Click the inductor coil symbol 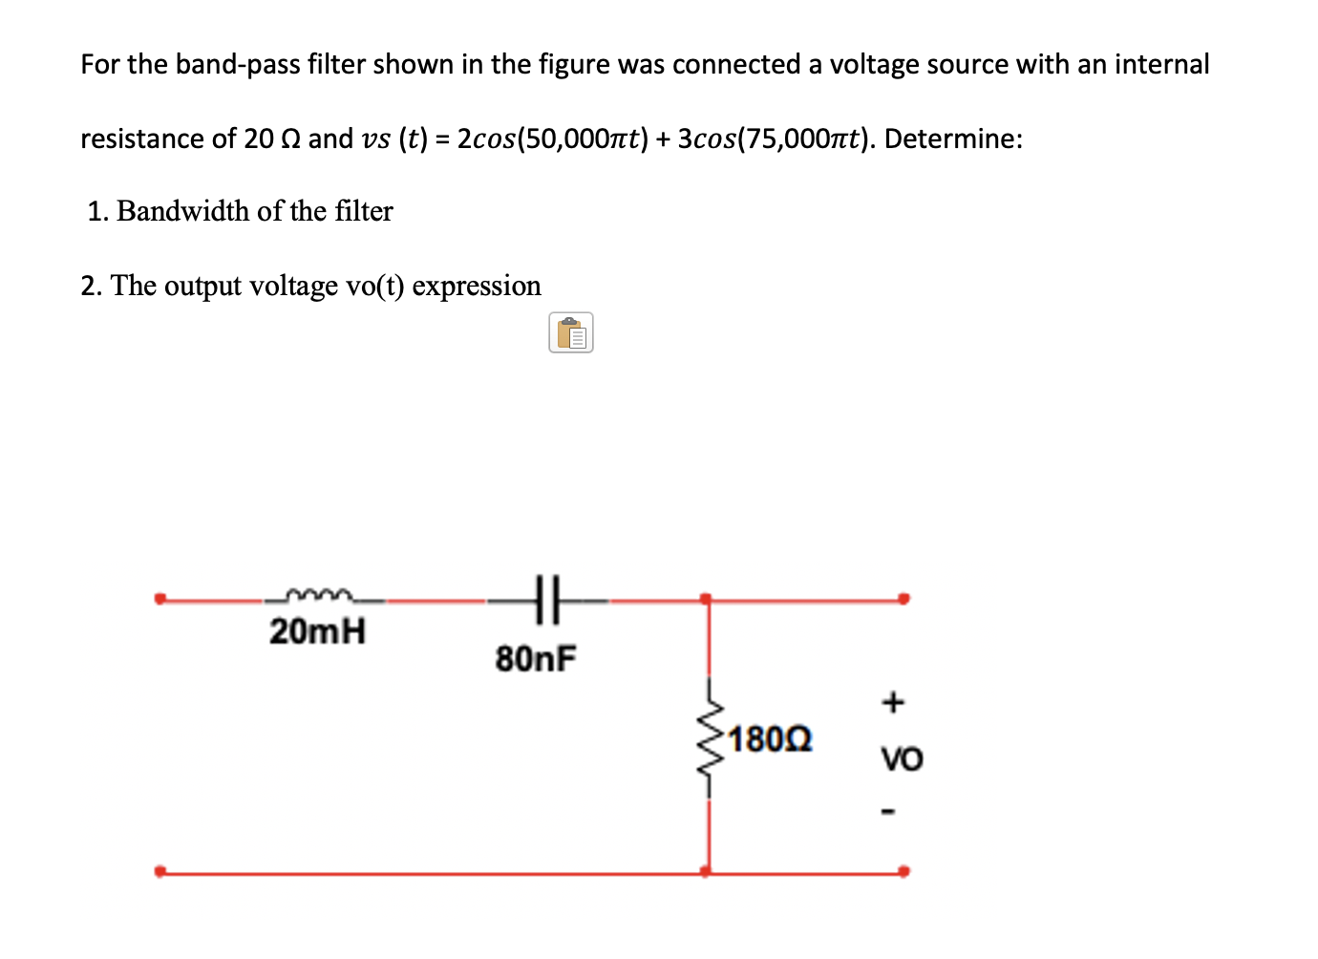(320, 596)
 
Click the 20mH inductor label (317, 631)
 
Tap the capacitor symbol (548, 600)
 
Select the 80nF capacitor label (536, 659)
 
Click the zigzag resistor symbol (710, 740)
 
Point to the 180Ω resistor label (770, 739)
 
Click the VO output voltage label (902, 760)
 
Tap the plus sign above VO (892, 703)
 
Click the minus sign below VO (890, 813)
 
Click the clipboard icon (571, 333)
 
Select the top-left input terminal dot (160, 599)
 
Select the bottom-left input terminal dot (160, 871)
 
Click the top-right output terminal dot (903, 599)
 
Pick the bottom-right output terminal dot (903, 871)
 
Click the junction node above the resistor (706, 599)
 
